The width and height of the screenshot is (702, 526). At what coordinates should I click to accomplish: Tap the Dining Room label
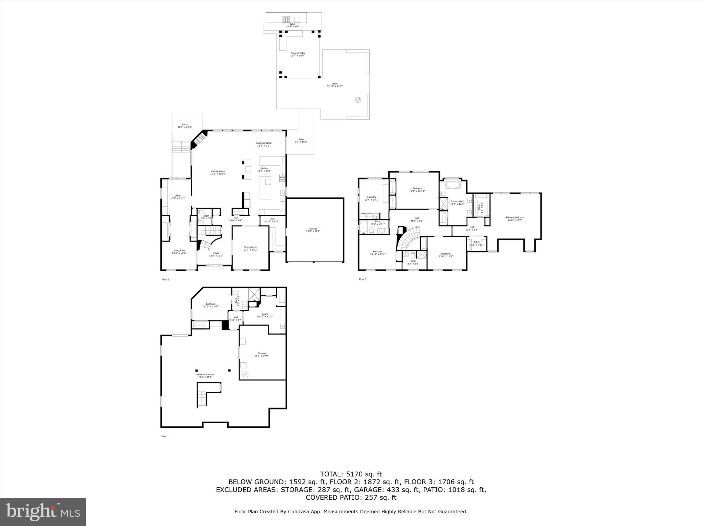[x=250, y=248]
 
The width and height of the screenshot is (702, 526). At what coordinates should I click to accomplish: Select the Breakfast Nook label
[x=264, y=144]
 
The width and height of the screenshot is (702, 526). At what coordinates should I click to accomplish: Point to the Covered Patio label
[x=298, y=54]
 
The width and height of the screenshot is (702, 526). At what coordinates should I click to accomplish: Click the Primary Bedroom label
[x=515, y=219]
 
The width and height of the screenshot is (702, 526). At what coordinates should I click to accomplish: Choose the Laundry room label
[x=372, y=198]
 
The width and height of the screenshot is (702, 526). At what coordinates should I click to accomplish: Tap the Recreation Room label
[x=205, y=376]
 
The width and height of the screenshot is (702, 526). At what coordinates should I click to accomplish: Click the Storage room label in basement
[x=262, y=354]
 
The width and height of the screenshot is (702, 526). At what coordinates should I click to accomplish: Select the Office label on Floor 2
[x=177, y=197]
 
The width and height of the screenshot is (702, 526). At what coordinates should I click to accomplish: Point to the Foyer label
[x=216, y=254]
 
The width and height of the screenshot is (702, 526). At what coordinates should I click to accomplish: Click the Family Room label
[x=218, y=173]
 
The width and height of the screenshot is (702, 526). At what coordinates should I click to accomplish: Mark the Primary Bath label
[x=457, y=202]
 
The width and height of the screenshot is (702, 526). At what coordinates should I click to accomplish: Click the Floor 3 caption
[x=363, y=279]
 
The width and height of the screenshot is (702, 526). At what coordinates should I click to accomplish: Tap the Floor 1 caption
[x=165, y=436]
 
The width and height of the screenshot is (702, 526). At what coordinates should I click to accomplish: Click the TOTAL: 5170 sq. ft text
[x=351, y=474]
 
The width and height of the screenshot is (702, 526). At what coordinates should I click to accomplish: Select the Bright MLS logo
[x=43, y=512]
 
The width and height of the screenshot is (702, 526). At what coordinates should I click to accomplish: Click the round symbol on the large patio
[x=358, y=100]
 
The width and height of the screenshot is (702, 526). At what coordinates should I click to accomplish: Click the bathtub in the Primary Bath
[x=453, y=185]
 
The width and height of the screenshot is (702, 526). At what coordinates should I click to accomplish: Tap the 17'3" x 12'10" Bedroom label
[x=417, y=189]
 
